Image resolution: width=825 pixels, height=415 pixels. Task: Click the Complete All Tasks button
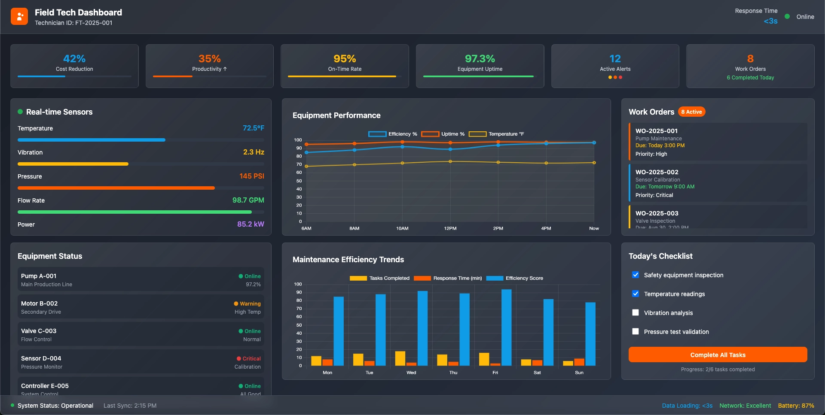coord(718,354)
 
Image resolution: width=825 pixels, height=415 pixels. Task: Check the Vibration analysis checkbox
coord(636,312)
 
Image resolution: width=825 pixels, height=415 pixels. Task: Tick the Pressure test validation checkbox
coord(636,331)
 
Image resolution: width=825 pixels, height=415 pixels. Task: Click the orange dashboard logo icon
coord(19,17)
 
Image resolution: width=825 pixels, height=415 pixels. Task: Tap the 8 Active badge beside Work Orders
coord(691,112)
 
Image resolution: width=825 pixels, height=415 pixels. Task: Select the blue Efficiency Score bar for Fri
coord(507,327)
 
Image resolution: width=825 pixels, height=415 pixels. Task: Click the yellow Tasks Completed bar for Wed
coord(400,358)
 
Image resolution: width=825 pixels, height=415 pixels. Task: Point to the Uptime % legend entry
coord(443,134)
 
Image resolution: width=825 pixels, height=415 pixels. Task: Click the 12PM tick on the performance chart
coord(450,228)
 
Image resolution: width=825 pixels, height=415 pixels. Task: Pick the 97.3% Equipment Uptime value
coord(480,58)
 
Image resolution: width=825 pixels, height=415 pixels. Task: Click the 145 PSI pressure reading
coord(251,176)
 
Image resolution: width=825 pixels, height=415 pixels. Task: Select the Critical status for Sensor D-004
coord(249,358)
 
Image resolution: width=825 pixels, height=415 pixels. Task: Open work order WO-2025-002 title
coord(657,172)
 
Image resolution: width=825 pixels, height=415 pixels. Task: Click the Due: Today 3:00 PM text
coord(660,145)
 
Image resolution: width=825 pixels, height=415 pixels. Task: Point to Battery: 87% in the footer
coord(796,406)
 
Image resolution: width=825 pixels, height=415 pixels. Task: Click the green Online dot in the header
coord(787,16)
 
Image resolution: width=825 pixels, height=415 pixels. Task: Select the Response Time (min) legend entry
coord(448,278)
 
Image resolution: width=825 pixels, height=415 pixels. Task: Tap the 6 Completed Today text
coord(750,78)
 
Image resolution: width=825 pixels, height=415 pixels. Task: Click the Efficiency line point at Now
coord(594,142)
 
